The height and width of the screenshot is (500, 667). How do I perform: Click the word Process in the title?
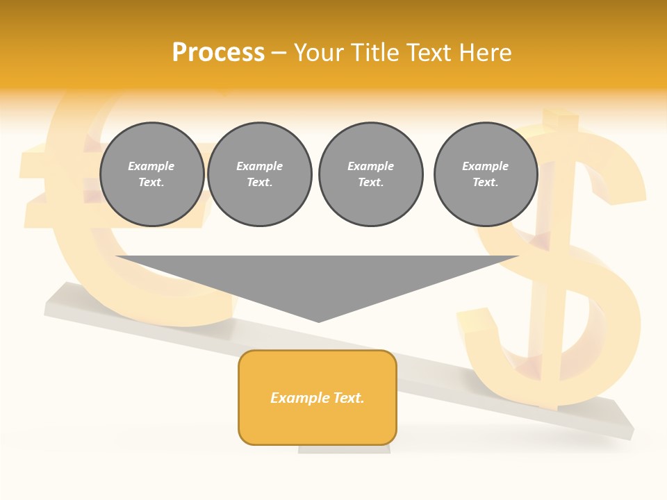[x=218, y=53]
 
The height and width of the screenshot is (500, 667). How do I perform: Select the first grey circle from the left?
[x=151, y=174]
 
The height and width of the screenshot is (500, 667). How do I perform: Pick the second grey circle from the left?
[x=259, y=174]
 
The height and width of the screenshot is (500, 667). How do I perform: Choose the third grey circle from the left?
[x=370, y=174]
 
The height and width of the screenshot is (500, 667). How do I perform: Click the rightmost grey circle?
[x=485, y=174]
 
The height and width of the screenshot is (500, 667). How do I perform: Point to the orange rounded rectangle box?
[x=318, y=424]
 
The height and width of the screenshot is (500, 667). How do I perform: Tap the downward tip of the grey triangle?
[x=319, y=319]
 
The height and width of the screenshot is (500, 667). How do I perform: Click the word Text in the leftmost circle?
[x=151, y=183]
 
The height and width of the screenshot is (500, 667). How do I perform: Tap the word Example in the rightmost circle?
[x=485, y=166]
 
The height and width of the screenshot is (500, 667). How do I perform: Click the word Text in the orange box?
[x=348, y=398]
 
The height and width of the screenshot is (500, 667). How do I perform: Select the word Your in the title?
[x=320, y=53]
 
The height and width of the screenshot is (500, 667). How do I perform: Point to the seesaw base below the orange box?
[x=344, y=449]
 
